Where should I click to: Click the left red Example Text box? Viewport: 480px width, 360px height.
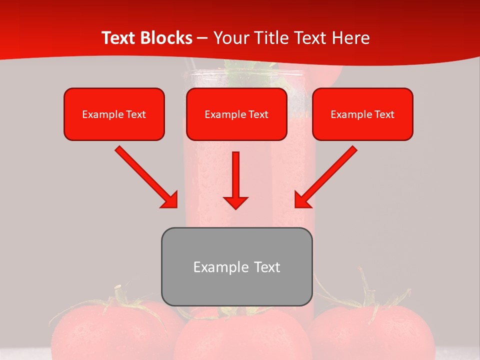click(x=114, y=114)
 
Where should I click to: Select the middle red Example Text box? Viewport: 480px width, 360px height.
click(x=236, y=114)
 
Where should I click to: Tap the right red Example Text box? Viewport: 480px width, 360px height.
click(x=362, y=114)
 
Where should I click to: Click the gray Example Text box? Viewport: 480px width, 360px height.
click(x=236, y=266)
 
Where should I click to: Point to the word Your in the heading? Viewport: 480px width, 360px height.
click(x=229, y=38)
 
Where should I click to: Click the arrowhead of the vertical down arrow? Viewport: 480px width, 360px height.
click(x=235, y=202)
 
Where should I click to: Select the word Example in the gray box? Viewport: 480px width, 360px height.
click(x=213, y=267)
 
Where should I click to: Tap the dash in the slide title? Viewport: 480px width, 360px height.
click(x=203, y=38)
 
